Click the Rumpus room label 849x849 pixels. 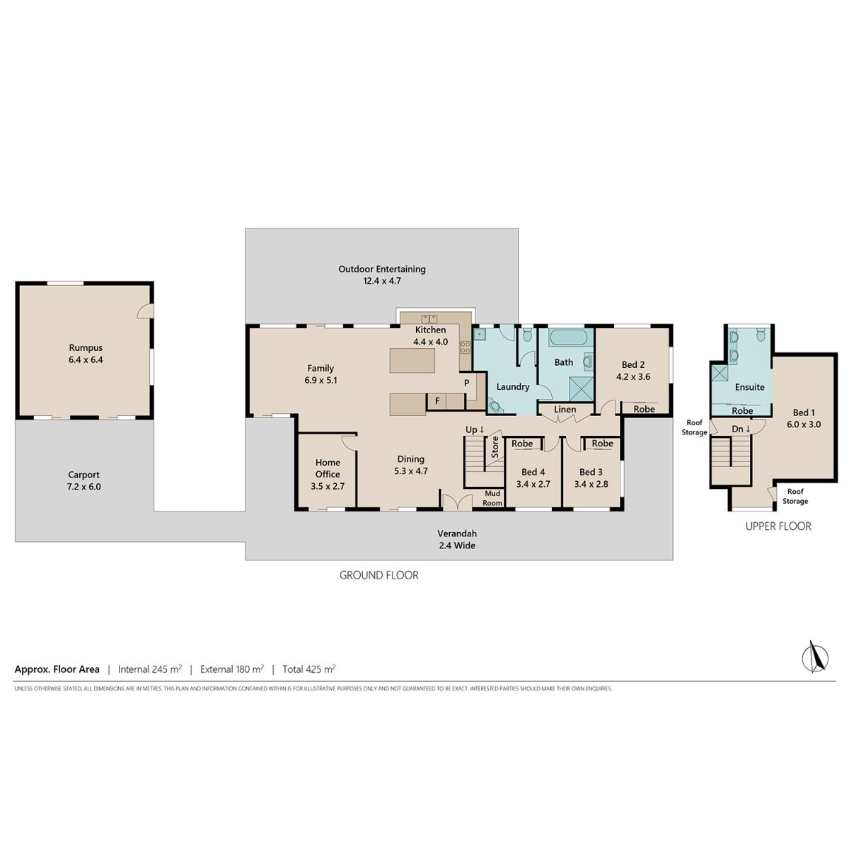[86, 347]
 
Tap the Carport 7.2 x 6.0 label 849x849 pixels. [83, 480]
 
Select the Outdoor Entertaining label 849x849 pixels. [382, 269]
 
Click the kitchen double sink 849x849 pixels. [429, 318]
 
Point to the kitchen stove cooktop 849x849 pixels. [465, 347]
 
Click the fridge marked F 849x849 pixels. [437, 401]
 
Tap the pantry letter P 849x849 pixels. [466, 383]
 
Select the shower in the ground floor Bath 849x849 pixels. [581, 388]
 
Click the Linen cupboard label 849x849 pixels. [565, 410]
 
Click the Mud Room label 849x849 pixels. [492, 498]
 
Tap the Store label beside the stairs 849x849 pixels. [495, 446]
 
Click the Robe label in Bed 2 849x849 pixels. [644, 409]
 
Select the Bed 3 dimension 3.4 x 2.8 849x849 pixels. [591, 484]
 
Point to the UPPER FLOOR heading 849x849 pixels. [778, 526]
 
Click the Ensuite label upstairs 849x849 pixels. [749, 387]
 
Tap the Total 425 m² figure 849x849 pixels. [309, 669]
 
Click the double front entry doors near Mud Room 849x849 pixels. [457, 502]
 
